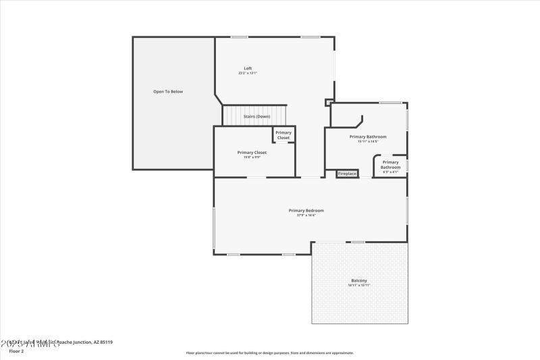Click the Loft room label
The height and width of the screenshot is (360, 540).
tap(248, 68)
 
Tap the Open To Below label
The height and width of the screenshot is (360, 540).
tap(167, 91)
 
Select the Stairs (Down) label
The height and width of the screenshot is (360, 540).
tap(256, 116)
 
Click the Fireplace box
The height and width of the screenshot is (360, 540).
tap(347, 174)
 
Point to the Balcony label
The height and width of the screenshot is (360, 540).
tap(358, 280)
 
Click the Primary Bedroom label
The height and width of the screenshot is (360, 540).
tap(306, 210)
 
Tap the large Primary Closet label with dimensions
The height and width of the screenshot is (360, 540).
tap(252, 153)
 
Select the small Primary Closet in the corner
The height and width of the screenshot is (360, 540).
tap(283, 135)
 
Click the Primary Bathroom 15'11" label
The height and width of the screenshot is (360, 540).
tap(368, 136)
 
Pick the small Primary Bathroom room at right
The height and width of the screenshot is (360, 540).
tap(391, 165)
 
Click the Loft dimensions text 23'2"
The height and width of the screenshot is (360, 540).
tap(248, 73)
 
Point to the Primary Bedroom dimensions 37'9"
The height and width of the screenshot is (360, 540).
tap(306, 215)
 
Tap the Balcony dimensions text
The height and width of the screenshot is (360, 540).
tap(358, 285)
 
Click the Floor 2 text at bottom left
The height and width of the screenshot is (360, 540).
tap(16, 351)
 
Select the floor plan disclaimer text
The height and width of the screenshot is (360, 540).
tap(269, 353)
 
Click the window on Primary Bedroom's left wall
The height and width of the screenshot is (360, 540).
tap(214, 228)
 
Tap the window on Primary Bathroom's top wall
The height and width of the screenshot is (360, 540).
tap(390, 103)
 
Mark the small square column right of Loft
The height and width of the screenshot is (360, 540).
tap(329, 103)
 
